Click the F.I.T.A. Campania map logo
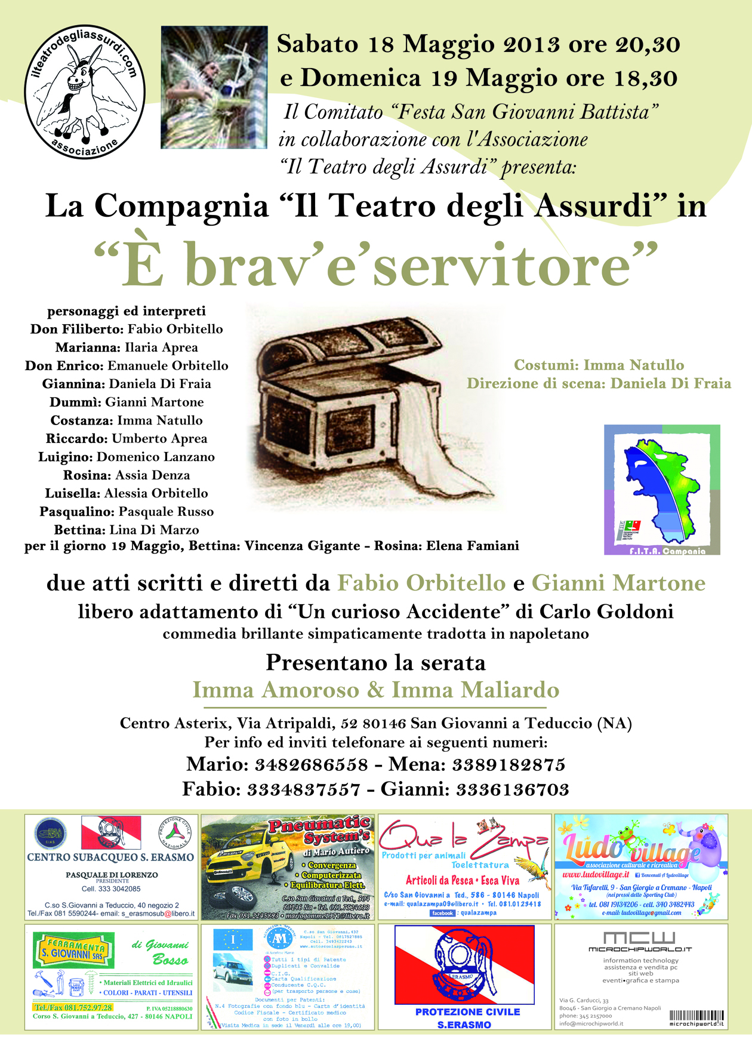[x=662, y=490]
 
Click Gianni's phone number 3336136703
[x=512, y=789]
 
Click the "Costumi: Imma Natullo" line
[x=599, y=365]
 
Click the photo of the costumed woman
[x=214, y=87]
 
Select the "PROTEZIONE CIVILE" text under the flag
[x=467, y=1011]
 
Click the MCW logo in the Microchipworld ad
[x=639, y=937]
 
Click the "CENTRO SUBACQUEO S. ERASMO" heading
[x=110, y=857]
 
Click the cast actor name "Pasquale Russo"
[x=166, y=512]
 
